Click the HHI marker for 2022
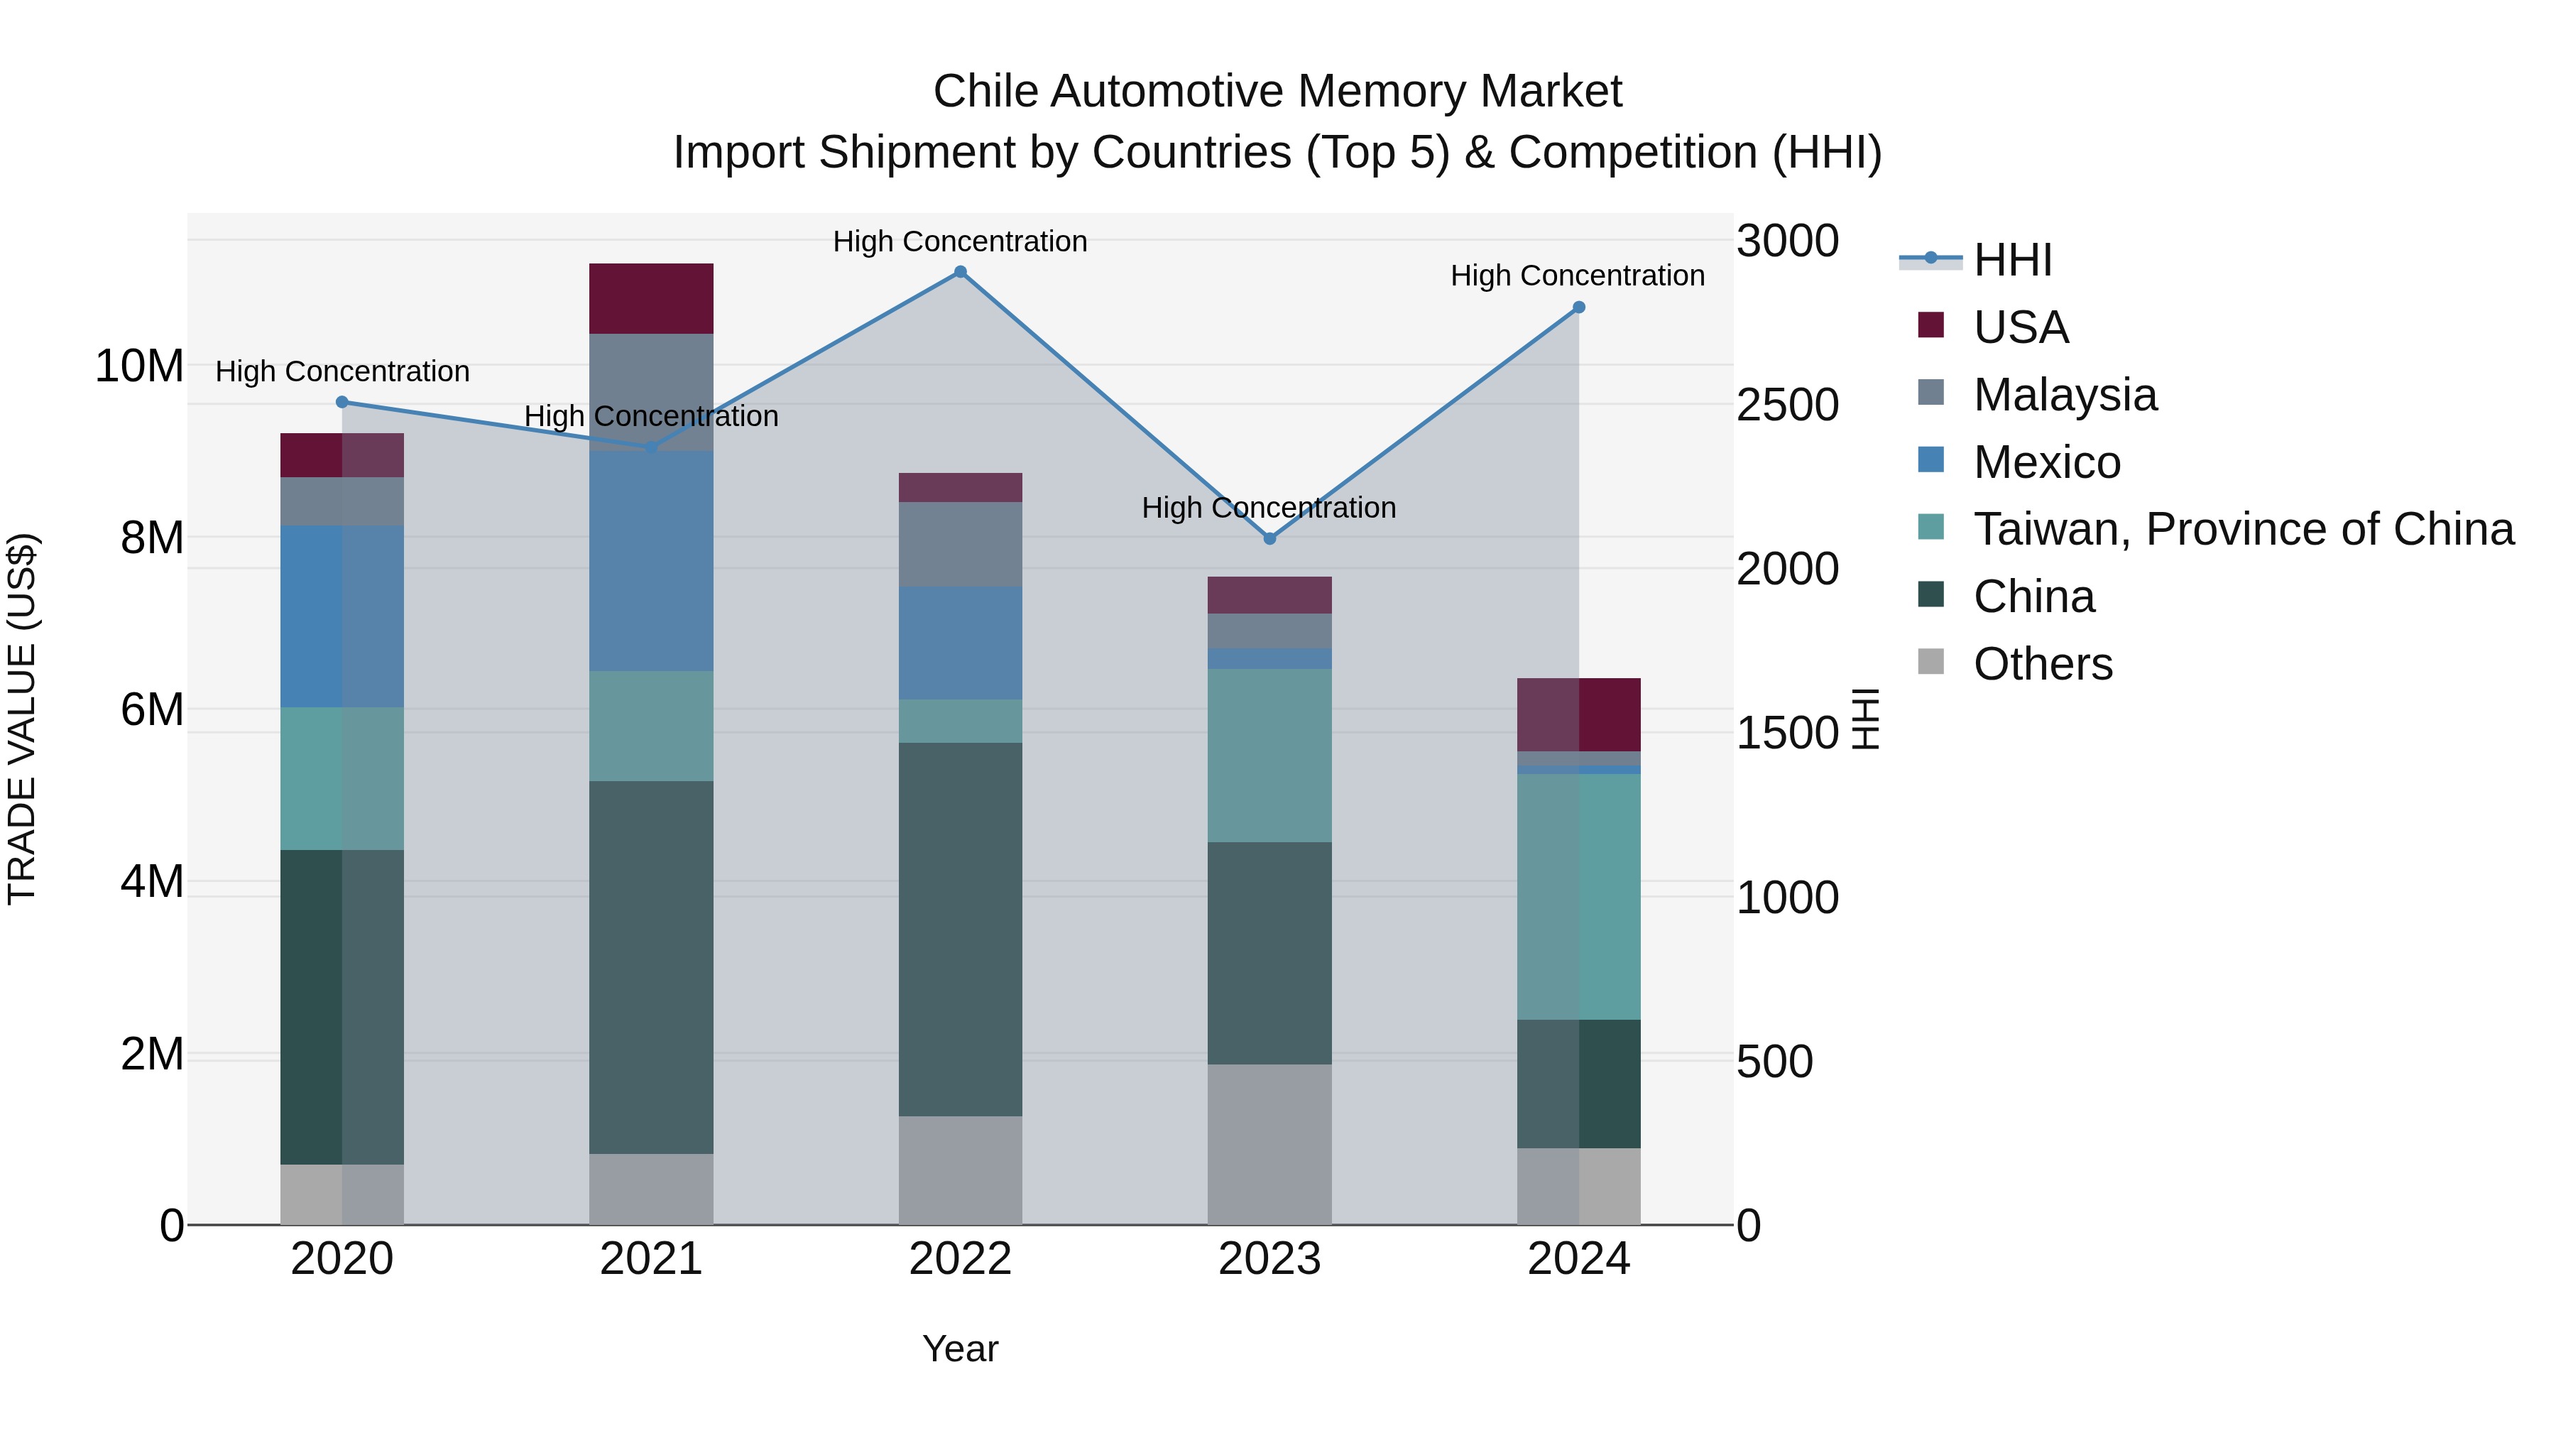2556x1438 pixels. [x=959, y=272]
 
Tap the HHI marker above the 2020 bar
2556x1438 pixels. [x=342, y=402]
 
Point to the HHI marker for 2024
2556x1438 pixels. [x=1578, y=307]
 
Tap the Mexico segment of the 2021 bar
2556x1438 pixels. [x=651, y=561]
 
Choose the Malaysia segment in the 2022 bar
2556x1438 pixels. [x=959, y=544]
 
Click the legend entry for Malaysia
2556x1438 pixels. [x=2065, y=395]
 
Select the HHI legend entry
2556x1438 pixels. [x=2012, y=260]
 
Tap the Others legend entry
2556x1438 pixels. [x=2042, y=664]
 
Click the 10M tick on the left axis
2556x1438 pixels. [x=139, y=366]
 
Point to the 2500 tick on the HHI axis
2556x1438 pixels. [x=1787, y=405]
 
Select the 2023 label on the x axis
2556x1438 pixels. [x=1269, y=1259]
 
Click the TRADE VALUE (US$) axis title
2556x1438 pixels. [x=22, y=719]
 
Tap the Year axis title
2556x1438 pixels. [x=959, y=1349]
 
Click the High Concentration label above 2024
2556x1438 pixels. [x=1578, y=276]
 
